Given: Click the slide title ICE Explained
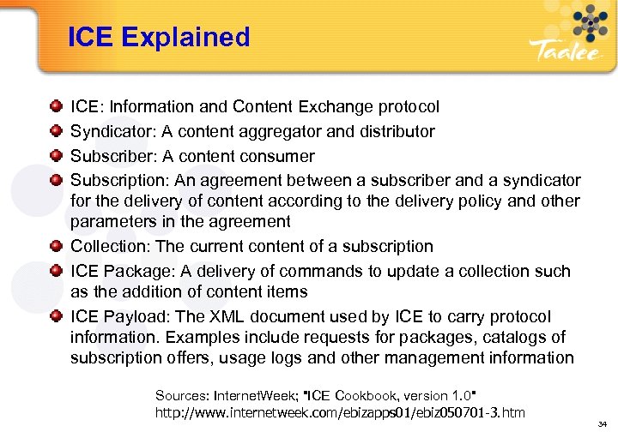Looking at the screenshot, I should click(x=160, y=37).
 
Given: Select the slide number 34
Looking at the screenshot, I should click(x=603, y=422).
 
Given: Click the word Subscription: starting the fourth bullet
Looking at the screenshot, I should click(x=119, y=181).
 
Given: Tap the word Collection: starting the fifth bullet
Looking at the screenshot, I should click(x=111, y=247).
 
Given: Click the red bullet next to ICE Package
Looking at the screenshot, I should click(x=56, y=272).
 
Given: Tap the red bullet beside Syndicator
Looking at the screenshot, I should click(x=56, y=132).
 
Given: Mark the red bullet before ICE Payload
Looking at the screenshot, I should click(x=56, y=317).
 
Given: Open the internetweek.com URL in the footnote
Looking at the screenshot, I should click(x=340, y=413).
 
